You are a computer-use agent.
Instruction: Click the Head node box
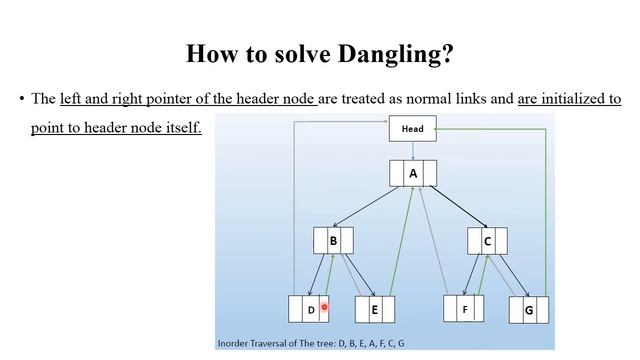tap(412, 129)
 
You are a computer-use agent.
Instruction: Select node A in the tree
tap(413, 173)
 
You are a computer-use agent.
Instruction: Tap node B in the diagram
tap(333, 241)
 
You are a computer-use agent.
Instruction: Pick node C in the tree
tap(487, 241)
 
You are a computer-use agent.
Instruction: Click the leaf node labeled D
tap(309, 310)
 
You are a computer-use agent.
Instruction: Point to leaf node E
tap(375, 310)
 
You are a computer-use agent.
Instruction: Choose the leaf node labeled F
tap(464, 310)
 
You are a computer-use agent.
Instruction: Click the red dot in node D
tap(325, 308)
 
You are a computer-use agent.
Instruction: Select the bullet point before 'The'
tap(21, 99)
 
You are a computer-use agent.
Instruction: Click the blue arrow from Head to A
tap(412, 150)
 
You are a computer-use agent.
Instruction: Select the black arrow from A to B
tap(370, 205)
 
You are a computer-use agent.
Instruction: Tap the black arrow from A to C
tap(456, 205)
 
